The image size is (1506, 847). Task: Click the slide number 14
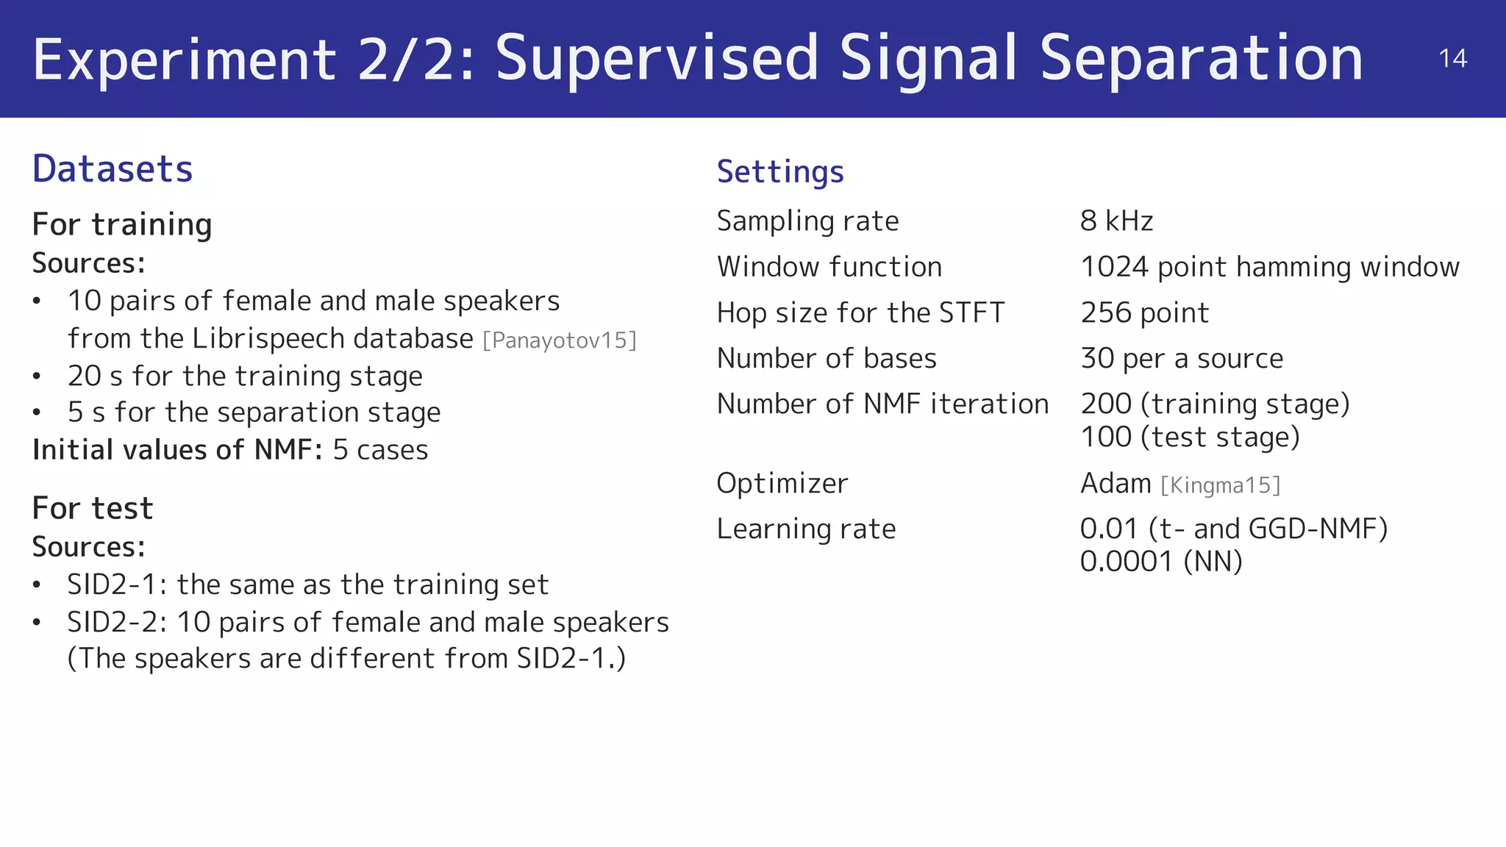pyautogui.click(x=1452, y=59)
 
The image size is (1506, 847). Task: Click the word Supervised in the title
pyautogui.click(x=656, y=59)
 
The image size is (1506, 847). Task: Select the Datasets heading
pyautogui.click(x=113, y=169)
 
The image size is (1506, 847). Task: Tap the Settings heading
pyautogui.click(x=780, y=172)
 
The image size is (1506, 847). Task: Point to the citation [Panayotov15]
pyautogui.click(x=560, y=340)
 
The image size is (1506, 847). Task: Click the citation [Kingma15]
pyautogui.click(x=1221, y=485)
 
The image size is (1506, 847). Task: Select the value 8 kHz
pyautogui.click(x=1116, y=221)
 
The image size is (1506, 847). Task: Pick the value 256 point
pyautogui.click(x=1144, y=313)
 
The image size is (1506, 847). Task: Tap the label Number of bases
pyautogui.click(x=827, y=359)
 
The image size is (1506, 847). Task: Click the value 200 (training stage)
pyautogui.click(x=1215, y=404)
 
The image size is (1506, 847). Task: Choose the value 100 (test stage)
pyautogui.click(x=1190, y=437)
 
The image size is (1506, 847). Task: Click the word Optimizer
pyautogui.click(x=782, y=484)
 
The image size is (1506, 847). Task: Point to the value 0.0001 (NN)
pyautogui.click(x=1160, y=562)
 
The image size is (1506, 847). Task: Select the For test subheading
pyautogui.click(x=93, y=509)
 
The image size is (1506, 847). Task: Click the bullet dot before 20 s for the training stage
pyautogui.click(x=37, y=376)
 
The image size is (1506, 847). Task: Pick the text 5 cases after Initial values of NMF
pyautogui.click(x=380, y=450)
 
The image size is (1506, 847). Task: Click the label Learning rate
pyautogui.click(x=806, y=529)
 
